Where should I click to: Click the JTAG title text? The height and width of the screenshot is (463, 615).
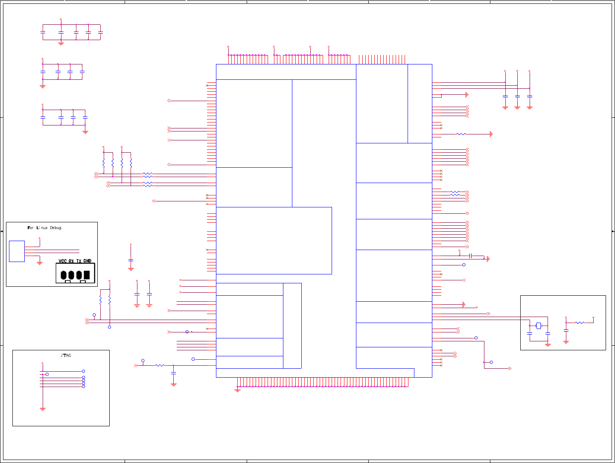click(66, 355)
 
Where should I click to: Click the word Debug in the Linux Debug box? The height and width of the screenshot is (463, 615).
click(55, 228)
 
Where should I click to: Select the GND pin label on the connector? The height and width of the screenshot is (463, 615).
click(87, 261)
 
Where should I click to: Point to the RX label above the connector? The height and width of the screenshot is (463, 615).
click(71, 261)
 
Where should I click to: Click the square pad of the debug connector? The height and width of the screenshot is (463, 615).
click(87, 275)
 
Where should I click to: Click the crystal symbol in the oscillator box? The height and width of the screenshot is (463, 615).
click(539, 326)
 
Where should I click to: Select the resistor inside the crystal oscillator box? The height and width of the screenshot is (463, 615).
click(580, 323)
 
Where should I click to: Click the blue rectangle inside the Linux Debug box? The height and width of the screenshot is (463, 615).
click(17, 251)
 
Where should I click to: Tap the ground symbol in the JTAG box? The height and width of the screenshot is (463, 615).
click(43, 409)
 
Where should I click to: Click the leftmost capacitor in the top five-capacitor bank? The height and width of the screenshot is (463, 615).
click(43, 32)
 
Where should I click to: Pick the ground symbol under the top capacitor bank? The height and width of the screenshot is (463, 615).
click(61, 44)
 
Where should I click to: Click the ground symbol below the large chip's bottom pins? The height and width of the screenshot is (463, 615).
click(238, 390)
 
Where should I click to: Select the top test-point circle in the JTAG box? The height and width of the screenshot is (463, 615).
click(84, 371)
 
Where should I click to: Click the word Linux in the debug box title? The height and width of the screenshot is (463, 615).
click(42, 228)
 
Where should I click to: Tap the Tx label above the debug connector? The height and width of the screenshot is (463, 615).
click(79, 261)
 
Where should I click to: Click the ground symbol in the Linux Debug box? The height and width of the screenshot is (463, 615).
click(40, 263)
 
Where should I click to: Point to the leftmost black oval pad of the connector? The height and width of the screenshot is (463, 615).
click(64, 275)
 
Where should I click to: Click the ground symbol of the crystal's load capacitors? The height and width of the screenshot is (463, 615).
click(548, 344)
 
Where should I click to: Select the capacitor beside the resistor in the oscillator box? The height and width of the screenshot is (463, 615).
click(566, 330)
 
